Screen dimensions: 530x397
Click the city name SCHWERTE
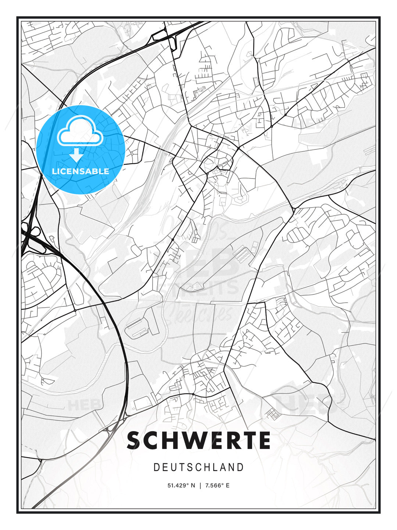click(198, 441)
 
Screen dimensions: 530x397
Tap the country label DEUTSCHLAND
click(198, 467)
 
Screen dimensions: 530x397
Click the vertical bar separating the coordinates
click(200, 485)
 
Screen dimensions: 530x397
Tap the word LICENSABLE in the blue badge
click(81, 171)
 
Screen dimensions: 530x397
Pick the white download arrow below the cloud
click(76, 155)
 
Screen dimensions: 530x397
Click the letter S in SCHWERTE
click(135, 441)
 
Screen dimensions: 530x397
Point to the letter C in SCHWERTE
click(151, 441)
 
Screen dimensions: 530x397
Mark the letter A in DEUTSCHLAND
click(223, 467)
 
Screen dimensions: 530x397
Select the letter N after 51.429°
click(193, 485)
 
